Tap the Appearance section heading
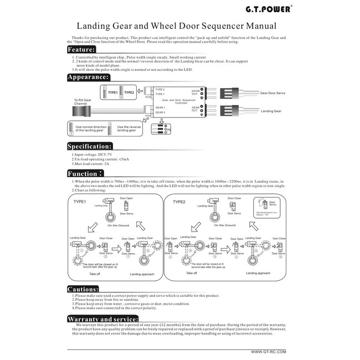click(91, 78)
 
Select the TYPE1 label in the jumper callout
click(113, 92)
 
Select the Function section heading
click(86, 173)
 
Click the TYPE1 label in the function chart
click(80, 202)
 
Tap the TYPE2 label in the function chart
click(179, 202)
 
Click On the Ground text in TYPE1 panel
click(118, 226)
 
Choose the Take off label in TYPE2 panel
click(192, 272)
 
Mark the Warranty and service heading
click(102, 320)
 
